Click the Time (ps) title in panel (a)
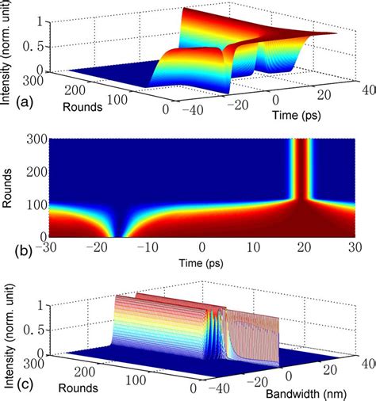[x=297, y=114]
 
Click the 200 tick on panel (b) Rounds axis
[x=36, y=171]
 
